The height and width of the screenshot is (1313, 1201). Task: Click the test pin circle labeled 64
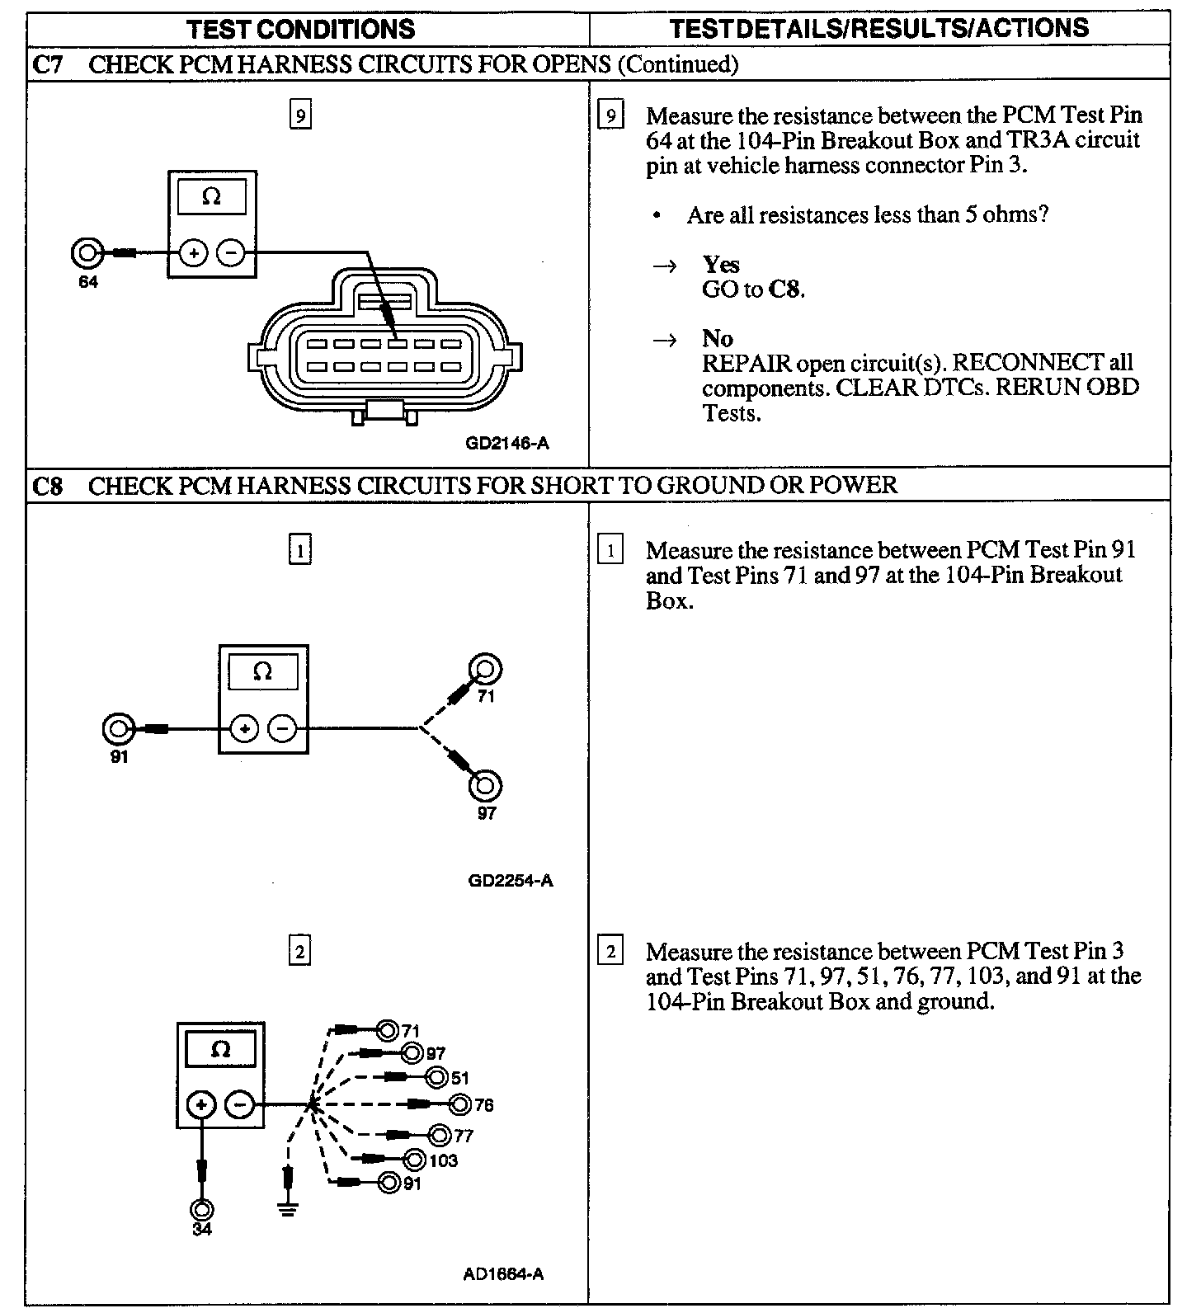pyautogui.click(x=87, y=252)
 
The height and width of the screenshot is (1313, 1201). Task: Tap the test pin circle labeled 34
pyautogui.click(x=201, y=1209)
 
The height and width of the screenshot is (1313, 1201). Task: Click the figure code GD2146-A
pyautogui.click(x=507, y=443)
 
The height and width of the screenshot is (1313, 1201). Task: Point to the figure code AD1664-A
pyautogui.click(x=503, y=1273)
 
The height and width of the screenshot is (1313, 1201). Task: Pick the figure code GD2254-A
pyautogui.click(x=511, y=880)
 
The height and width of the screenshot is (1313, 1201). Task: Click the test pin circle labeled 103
pyautogui.click(x=415, y=1160)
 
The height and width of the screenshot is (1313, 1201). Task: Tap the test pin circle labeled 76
pyautogui.click(x=461, y=1104)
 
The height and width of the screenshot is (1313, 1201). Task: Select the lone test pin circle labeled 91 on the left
pyautogui.click(x=118, y=729)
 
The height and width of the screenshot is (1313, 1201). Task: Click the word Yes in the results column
pyautogui.click(x=721, y=265)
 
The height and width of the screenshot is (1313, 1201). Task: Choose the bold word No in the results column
pyautogui.click(x=717, y=338)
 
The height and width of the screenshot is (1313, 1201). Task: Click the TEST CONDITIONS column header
pyautogui.click(x=300, y=30)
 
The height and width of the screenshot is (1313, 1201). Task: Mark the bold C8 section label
pyautogui.click(x=48, y=485)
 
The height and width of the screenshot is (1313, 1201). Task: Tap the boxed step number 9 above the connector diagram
pyautogui.click(x=299, y=115)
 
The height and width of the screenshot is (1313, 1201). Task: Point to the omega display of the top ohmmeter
pyautogui.click(x=212, y=197)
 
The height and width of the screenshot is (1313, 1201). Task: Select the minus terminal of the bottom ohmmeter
pyautogui.click(x=240, y=1104)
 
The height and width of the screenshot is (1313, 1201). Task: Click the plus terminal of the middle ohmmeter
pyautogui.click(x=244, y=729)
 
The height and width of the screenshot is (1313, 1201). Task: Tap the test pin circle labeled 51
pyautogui.click(x=437, y=1077)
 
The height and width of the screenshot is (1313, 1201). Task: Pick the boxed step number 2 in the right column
pyautogui.click(x=610, y=952)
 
